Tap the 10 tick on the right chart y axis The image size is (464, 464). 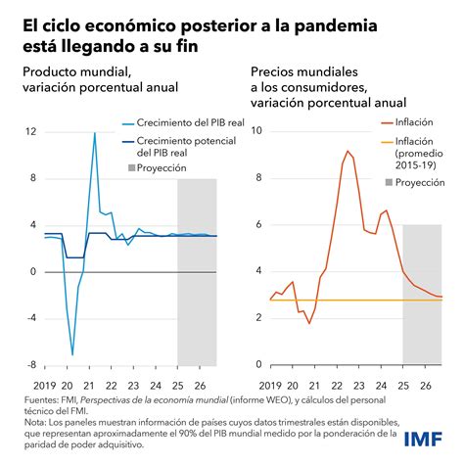256,129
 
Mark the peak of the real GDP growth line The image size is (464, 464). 95,133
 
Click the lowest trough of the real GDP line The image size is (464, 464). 72,354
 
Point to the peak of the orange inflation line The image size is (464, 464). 348,151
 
